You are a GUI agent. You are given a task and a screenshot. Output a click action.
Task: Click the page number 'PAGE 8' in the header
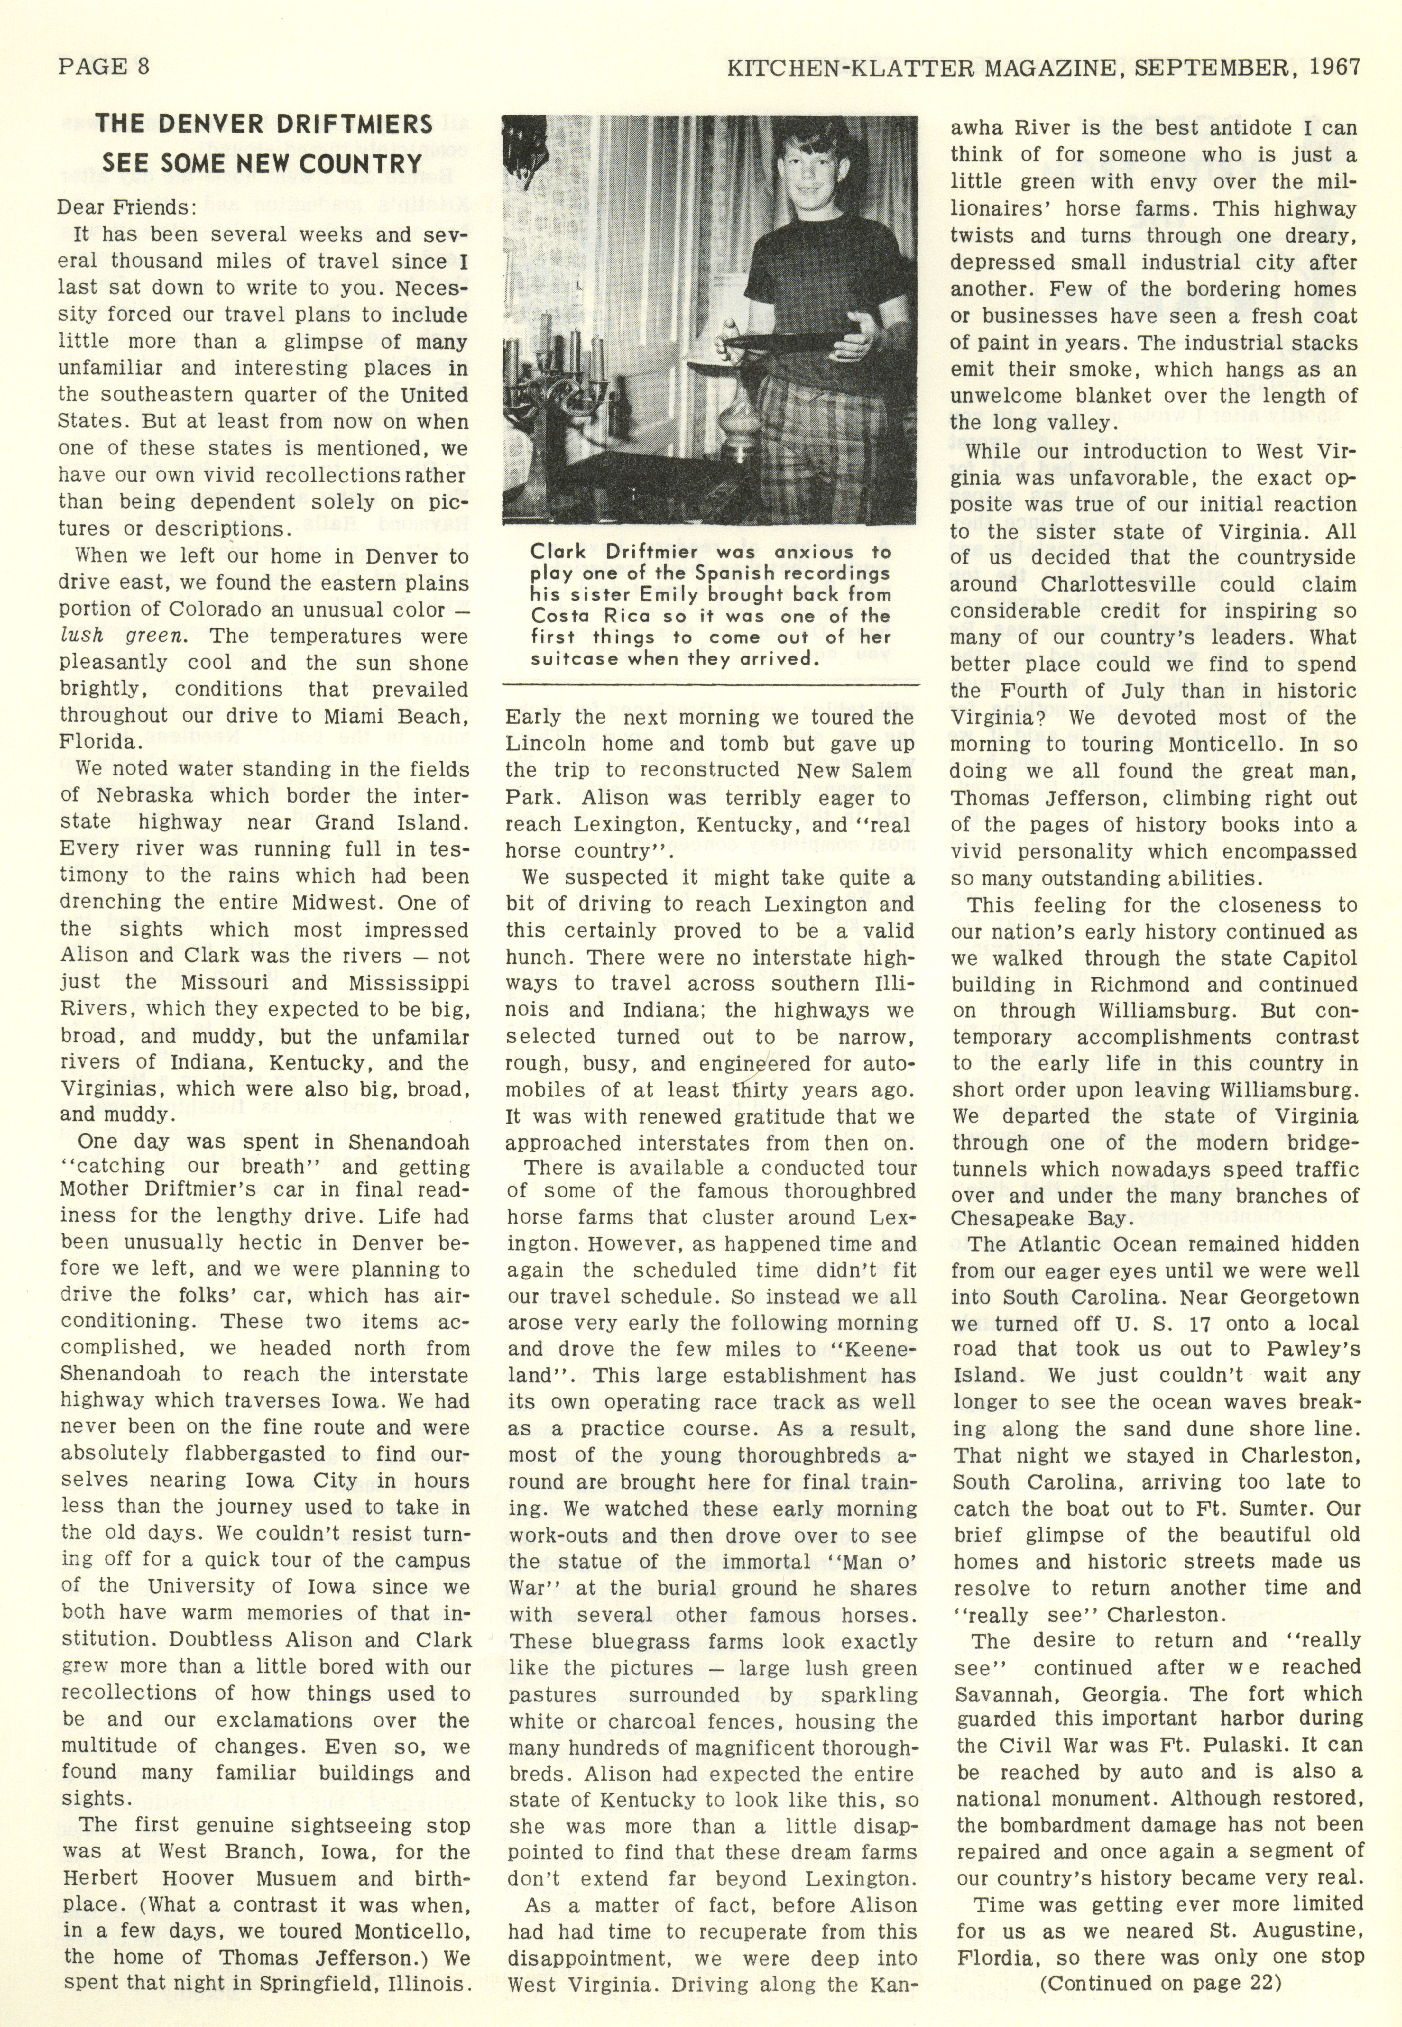[104, 68]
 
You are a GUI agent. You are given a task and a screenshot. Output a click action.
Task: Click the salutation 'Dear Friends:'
[127, 208]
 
